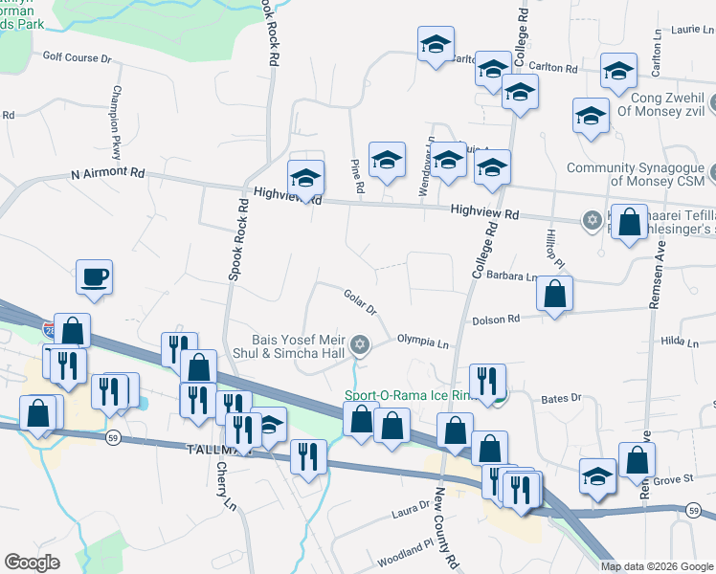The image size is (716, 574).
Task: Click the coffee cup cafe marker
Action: point(94,277)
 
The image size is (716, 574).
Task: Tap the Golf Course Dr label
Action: point(77,58)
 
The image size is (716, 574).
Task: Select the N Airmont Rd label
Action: point(107,174)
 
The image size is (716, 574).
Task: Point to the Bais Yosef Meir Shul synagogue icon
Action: point(360,343)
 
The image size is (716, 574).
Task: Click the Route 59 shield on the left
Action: point(111,439)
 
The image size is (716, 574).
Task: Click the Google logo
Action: point(33,563)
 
